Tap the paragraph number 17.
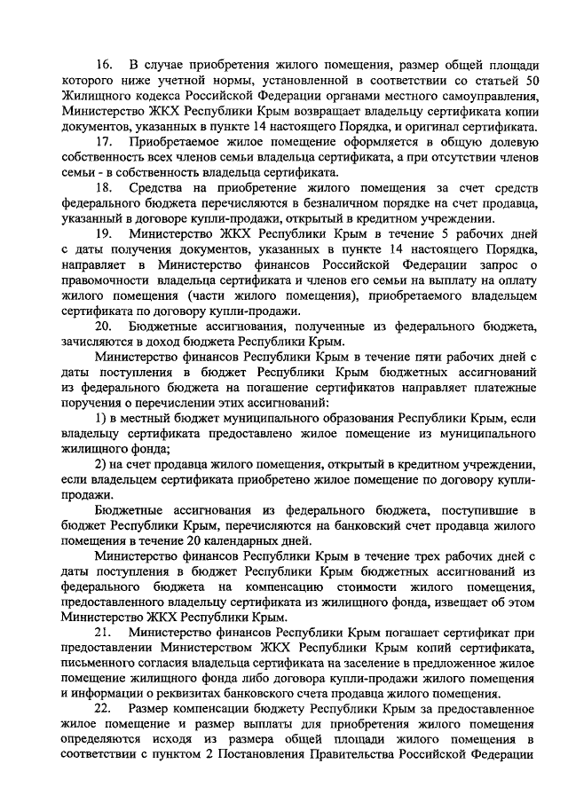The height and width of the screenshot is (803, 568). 105,143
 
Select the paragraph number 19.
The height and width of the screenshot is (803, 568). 105,233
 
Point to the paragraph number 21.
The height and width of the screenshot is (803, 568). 105,633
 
